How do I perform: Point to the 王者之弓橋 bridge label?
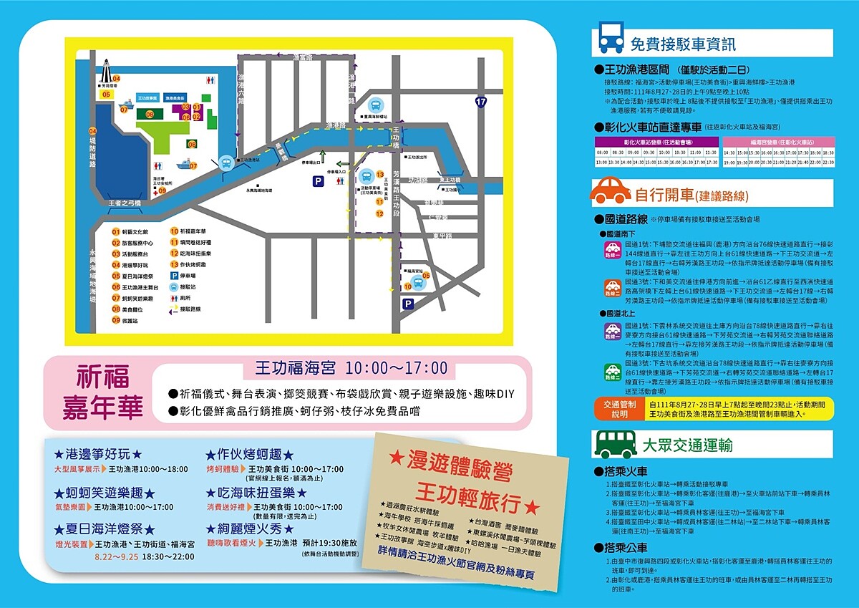click(x=125, y=203)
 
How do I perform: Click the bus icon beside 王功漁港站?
click(x=226, y=163)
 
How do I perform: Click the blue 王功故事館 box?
click(x=147, y=97)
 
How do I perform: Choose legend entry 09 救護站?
click(x=125, y=320)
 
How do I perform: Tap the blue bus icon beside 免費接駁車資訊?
click(x=611, y=39)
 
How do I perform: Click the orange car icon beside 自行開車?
click(x=611, y=191)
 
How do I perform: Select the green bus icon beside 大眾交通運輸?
click(x=611, y=444)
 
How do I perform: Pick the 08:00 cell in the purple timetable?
click(x=602, y=153)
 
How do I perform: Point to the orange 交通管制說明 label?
click(x=619, y=409)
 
